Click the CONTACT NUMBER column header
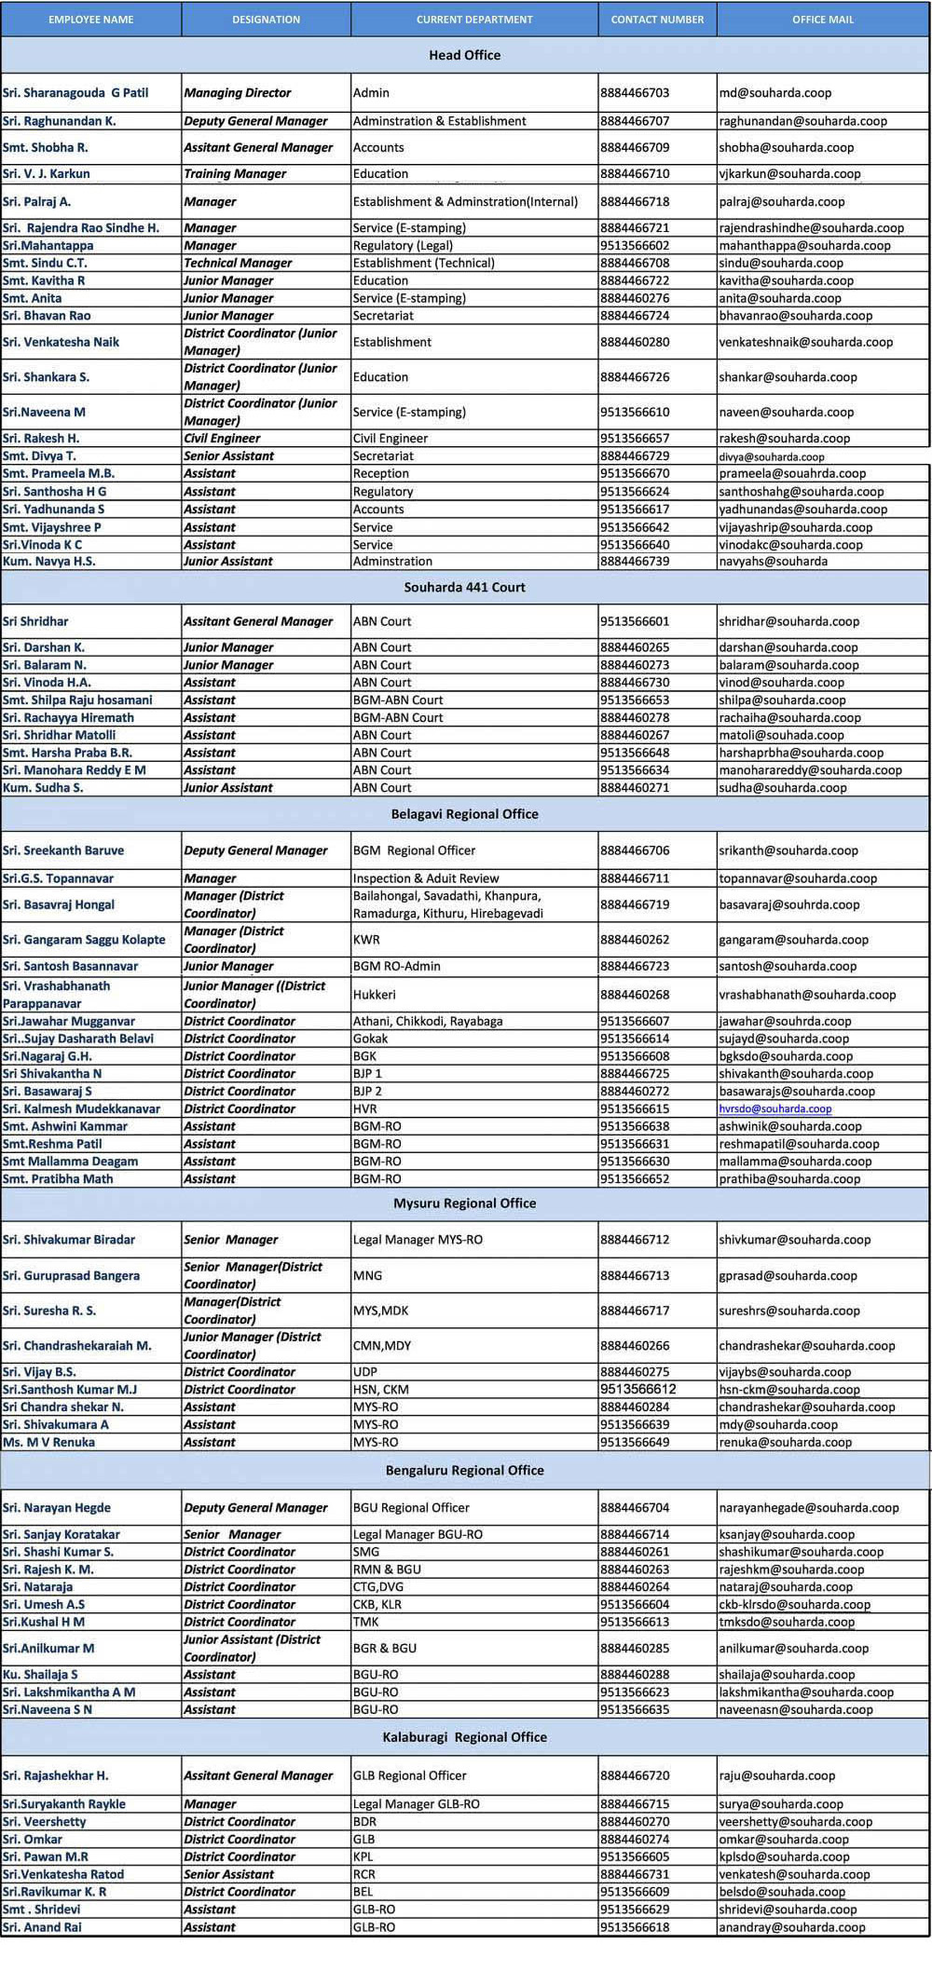tap(657, 20)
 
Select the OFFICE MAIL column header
tap(822, 20)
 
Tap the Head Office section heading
tap(464, 55)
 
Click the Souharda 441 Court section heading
tap(464, 587)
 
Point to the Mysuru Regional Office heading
tap(464, 1203)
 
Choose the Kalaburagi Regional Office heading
tap(464, 1737)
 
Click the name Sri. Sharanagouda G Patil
tap(75, 93)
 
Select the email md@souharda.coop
tap(774, 93)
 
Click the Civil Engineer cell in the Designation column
tap(222, 438)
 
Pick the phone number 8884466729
tap(635, 456)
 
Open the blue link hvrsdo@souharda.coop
tap(774, 1109)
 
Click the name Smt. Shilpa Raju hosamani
tap(77, 700)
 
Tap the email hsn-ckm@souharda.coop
tap(788, 1390)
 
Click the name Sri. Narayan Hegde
tap(57, 1508)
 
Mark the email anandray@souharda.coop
tap(791, 1927)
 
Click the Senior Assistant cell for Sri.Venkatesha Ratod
tap(228, 1874)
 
